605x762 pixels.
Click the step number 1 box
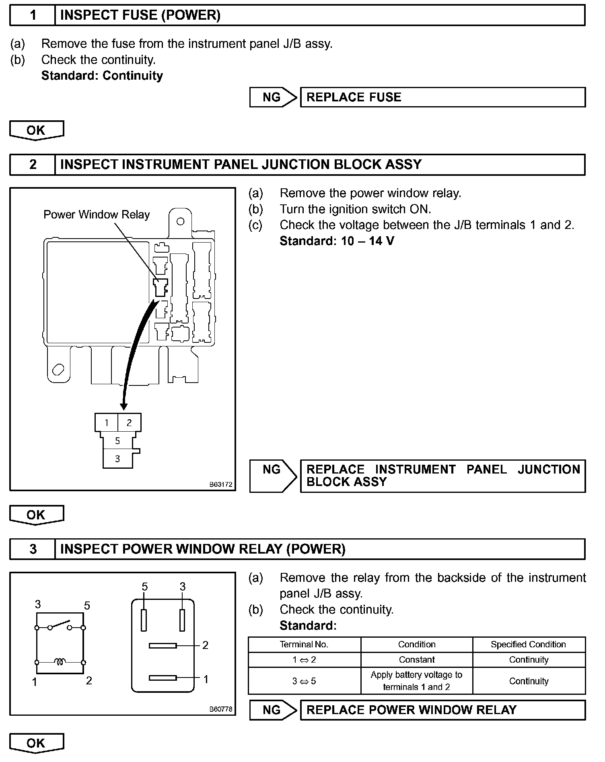click(x=33, y=15)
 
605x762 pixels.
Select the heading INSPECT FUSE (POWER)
click(x=140, y=15)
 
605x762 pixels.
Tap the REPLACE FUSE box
click(x=442, y=97)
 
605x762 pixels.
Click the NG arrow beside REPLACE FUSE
click(x=273, y=97)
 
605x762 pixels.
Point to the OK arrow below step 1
click(x=36, y=130)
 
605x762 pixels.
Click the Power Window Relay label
click(x=97, y=214)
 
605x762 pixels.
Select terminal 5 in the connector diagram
click(x=117, y=441)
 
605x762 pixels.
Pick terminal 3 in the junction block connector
click(x=117, y=459)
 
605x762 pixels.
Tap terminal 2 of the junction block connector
click(x=129, y=422)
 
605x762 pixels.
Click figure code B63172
click(x=221, y=484)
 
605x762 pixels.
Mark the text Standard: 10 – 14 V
click(x=337, y=241)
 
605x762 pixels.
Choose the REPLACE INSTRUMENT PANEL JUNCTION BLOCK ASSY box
click(x=442, y=476)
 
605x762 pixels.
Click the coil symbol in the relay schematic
click(x=60, y=661)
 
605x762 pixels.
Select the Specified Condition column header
click(x=528, y=644)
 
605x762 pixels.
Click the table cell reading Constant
click(x=417, y=659)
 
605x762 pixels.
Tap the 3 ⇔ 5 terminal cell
click(x=304, y=681)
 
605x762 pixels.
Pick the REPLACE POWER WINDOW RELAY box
click(x=442, y=710)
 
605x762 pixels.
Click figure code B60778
click(x=221, y=709)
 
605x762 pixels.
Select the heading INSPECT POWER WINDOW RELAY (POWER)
click(x=203, y=549)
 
